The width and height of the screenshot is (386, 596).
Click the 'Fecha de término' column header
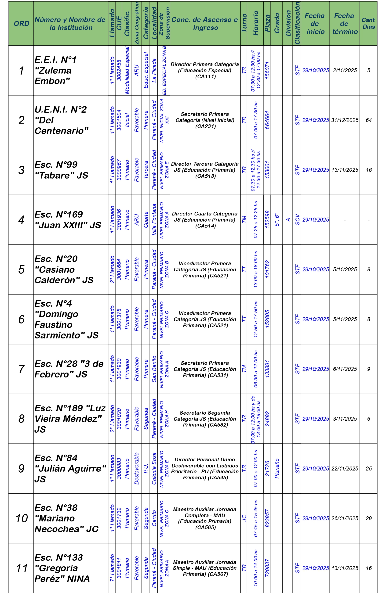coord(345,24)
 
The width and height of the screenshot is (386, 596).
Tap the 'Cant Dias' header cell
coord(368,24)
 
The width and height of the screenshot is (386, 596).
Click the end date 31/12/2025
coord(345,120)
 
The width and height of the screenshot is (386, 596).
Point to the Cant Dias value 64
coord(368,120)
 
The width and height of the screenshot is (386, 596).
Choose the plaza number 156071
coord(267,70)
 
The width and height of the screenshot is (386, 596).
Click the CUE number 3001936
coord(119,220)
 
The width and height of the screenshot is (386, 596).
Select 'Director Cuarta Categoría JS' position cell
coord(205,220)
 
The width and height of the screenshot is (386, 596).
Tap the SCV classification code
coord(297,220)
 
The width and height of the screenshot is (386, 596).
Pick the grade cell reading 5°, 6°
coord(277,220)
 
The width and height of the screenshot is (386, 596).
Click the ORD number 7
coord(21,369)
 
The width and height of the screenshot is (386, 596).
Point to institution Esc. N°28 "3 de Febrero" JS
coord(69,369)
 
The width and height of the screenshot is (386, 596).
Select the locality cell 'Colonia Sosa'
coord(154,469)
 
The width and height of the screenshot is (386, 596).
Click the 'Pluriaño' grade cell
coord(277,469)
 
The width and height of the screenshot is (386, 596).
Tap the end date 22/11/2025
coord(345,469)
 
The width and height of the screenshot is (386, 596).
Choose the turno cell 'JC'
coord(244,518)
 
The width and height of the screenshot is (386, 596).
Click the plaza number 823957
coord(267,518)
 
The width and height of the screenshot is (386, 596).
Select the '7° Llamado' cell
coord(112,568)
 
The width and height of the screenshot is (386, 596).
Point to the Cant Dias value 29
coord(368,518)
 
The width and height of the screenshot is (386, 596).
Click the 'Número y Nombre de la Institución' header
coord(70,24)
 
